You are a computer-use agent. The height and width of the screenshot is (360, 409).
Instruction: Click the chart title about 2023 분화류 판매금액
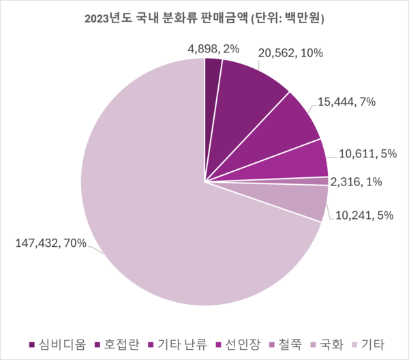click(x=204, y=18)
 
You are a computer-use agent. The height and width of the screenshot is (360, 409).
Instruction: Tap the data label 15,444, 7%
click(x=347, y=102)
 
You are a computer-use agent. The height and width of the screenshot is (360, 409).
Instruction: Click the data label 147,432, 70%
click(x=51, y=243)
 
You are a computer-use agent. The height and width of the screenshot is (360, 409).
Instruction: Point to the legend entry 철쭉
click(x=286, y=344)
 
